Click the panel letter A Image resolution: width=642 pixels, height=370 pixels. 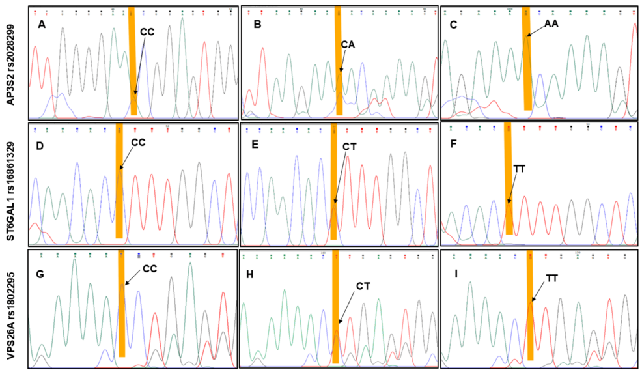click(42, 25)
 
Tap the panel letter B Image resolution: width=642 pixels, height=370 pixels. click(257, 25)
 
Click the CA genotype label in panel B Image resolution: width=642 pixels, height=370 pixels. click(348, 44)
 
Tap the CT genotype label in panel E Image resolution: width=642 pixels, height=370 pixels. click(349, 145)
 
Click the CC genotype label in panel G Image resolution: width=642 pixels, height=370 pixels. click(150, 268)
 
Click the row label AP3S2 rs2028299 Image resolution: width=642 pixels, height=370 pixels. click(11, 63)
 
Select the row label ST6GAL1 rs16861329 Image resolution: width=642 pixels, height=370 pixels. click(11, 183)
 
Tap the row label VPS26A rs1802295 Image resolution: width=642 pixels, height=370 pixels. click(11, 306)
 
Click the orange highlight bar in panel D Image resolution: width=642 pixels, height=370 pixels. click(119, 181)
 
